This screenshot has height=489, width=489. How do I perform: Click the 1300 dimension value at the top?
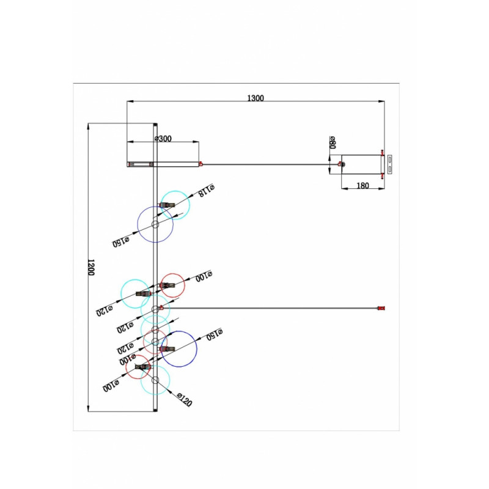[x=255, y=98]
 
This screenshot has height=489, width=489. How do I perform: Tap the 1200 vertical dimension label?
[x=91, y=268]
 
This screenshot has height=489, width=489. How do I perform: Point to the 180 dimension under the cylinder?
[x=362, y=186]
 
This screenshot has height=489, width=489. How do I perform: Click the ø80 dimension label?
[x=333, y=142]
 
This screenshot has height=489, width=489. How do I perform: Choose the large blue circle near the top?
[x=155, y=225]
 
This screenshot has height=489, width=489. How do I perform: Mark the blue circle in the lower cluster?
[x=178, y=348]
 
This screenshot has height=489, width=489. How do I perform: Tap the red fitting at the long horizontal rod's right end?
[x=380, y=309]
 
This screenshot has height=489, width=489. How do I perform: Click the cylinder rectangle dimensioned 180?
[x=361, y=164]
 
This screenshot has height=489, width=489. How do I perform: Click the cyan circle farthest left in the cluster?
[x=135, y=294]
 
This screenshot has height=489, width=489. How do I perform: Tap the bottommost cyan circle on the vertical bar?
[x=155, y=380]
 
